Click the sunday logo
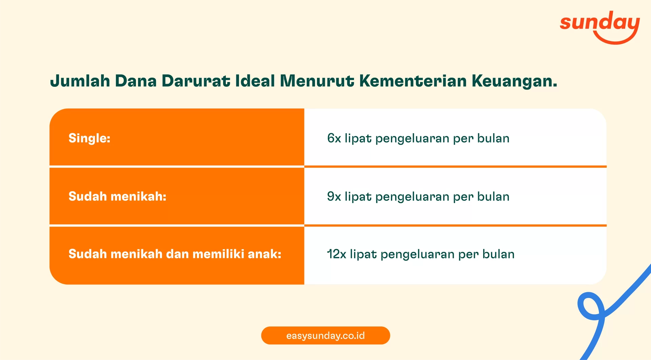(599, 25)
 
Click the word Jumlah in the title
(80, 81)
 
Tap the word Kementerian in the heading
(413, 81)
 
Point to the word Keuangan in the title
(514, 81)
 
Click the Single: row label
(90, 138)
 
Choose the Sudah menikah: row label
(117, 197)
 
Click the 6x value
(334, 138)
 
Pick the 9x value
(334, 197)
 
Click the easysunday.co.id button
(325, 336)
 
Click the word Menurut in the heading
(317, 81)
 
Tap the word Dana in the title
(136, 81)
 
